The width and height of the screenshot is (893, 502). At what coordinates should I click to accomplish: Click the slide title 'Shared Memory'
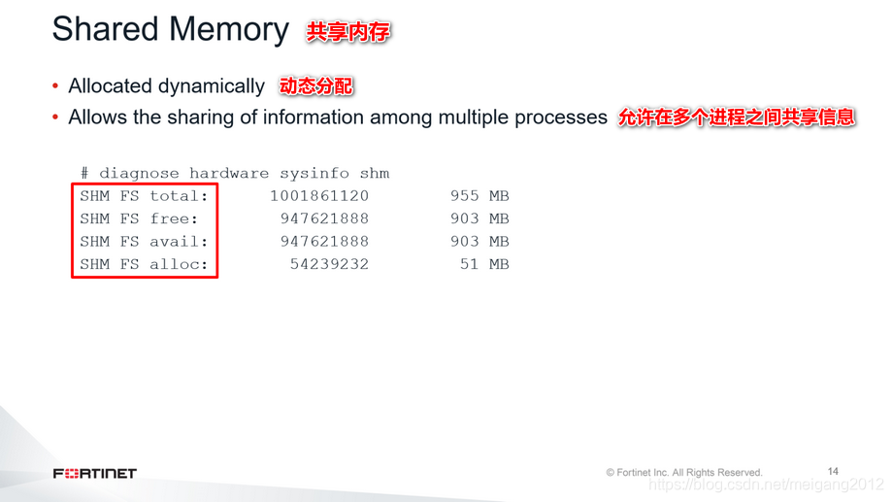pyautogui.click(x=170, y=30)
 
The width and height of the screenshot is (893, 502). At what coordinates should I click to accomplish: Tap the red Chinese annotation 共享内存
pyautogui.click(x=348, y=32)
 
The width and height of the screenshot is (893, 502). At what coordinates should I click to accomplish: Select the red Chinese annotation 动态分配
pyautogui.click(x=315, y=86)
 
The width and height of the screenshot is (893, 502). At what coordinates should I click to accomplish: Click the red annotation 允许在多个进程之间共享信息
pyautogui.click(x=737, y=117)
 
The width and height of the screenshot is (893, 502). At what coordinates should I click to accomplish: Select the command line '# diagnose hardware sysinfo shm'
pyautogui.click(x=235, y=174)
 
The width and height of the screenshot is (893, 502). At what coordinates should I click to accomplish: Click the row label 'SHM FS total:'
pyautogui.click(x=144, y=196)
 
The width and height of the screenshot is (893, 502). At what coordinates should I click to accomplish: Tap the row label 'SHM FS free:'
pyautogui.click(x=139, y=218)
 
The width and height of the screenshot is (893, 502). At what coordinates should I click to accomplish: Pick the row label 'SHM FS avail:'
pyautogui.click(x=144, y=242)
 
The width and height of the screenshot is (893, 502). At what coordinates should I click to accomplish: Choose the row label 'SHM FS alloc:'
pyautogui.click(x=144, y=264)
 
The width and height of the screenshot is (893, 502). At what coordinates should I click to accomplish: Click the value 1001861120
pyautogui.click(x=319, y=196)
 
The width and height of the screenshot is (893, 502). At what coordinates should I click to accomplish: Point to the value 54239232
pyautogui.click(x=329, y=264)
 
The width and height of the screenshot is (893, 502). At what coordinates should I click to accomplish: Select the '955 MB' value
pyautogui.click(x=480, y=196)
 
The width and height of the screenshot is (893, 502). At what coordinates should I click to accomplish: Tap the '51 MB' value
pyautogui.click(x=484, y=264)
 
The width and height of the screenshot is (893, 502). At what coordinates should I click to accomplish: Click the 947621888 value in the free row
pyautogui.click(x=324, y=218)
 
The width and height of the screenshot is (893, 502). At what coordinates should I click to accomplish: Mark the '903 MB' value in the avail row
pyautogui.click(x=480, y=242)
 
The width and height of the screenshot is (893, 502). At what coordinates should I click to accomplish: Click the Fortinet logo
pyautogui.click(x=95, y=474)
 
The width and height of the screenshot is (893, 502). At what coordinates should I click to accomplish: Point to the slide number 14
pyautogui.click(x=833, y=471)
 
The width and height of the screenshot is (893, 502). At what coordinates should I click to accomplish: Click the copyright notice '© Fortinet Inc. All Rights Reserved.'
pyautogui.click(x=684, y=473)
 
